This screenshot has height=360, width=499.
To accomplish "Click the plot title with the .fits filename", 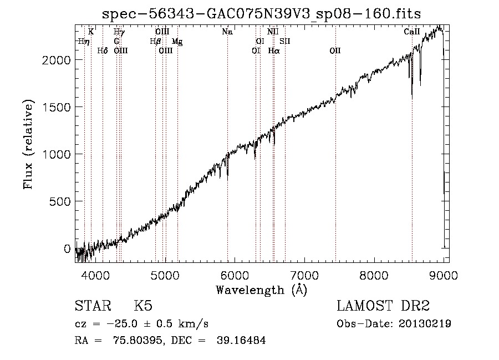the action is pyautogui.click(x=261, y=14).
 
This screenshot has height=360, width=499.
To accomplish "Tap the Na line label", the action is pyautogui.click(x=227, y=32).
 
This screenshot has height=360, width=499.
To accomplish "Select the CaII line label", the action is pyautogui.click(x=412, y=32).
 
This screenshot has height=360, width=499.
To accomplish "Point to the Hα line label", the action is pyautogui.click(x=274, y=50).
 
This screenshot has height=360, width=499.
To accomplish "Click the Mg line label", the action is pyautogui.click(x=177, y=42).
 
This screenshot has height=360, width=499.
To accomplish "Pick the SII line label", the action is pyautogui.click(x=285, y=42).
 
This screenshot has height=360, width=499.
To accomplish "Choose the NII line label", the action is pyautogui.click(x=273, y=32).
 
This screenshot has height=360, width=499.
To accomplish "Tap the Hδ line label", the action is pyautogui.click(x=103, y=50).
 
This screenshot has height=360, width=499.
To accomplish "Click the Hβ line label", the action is pyautogui.click(x=155, y=42).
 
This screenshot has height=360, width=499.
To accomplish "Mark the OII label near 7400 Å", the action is pyautogui.click(x=335, y=50).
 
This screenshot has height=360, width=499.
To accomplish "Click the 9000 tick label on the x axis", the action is pyautogui.click(x=444, y=275).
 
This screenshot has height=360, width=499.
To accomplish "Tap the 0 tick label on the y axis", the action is pyautogui.click(x=67, y=249).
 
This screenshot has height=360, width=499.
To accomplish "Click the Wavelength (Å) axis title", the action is pyautogui.click(x=262, y=290).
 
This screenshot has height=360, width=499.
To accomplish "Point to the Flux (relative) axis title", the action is pyautogui.click(x=28, y=144).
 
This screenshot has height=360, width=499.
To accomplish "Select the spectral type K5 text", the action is pyautogui.click(x=143, y=306).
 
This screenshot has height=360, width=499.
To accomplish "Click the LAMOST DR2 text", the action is pyautogui.click(x=383, y=306).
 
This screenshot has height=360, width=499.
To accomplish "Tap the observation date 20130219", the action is pyautogui.click(x=425, y=324).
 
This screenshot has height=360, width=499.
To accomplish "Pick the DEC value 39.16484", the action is pyautogui.click(x=241, y=340).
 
